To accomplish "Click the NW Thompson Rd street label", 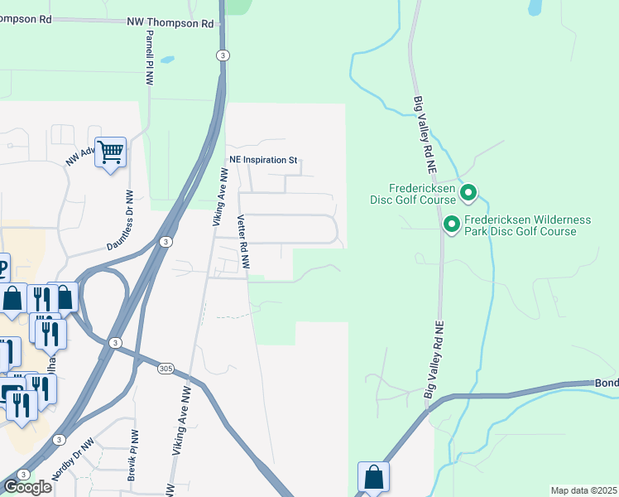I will (170, 24).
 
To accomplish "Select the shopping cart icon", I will (110, 152).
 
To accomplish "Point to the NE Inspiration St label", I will (262, 160).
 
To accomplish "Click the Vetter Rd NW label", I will (243, 241).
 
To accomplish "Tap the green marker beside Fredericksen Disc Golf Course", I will (468, 193).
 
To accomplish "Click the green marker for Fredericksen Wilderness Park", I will (452, 224).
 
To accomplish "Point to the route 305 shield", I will (164, 369).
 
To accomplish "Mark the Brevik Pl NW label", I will (133, 446).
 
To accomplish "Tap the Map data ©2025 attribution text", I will (583, 490).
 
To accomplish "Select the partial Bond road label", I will (607, 384).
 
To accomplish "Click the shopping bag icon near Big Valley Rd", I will (373, 477).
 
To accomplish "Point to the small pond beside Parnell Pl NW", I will (168, 60).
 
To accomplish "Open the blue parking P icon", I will (2, 268).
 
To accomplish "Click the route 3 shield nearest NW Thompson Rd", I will (223, 55).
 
